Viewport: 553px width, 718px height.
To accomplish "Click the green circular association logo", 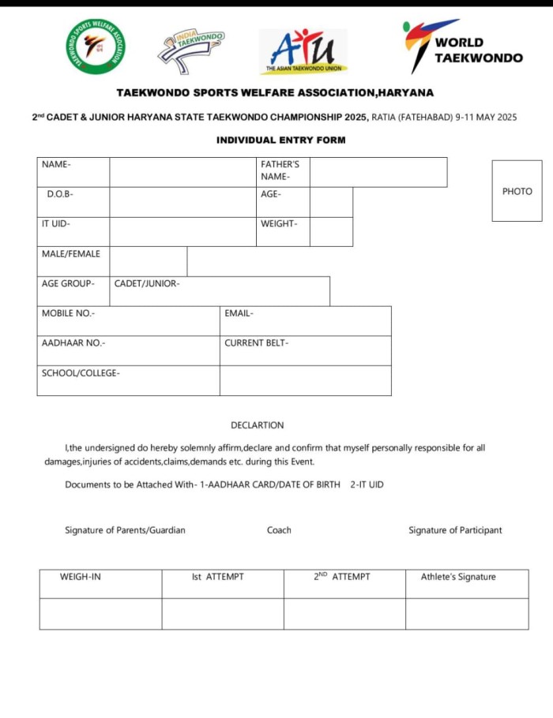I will (x=96, y=47).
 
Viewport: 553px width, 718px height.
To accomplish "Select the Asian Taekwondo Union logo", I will (x=303, y=52).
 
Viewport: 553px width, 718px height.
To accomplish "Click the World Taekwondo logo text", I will (x=478, y=50).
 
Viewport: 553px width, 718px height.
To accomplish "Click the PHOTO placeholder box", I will (x=517, y=191).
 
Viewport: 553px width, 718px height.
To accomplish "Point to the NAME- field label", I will (x=56, y=165).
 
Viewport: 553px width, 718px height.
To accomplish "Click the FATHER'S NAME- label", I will (x=280, y=170).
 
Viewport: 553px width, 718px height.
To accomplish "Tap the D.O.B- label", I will (x=60, y=194).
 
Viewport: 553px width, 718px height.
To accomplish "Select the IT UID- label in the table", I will (x=55, y=224).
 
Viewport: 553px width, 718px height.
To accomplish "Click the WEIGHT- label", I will (x=279, y=224).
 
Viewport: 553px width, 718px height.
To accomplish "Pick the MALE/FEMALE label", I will (x=71, y=254).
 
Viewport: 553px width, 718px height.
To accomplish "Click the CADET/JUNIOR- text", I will (x=147, y=284).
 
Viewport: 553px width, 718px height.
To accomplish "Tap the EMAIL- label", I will (x=239, y=313).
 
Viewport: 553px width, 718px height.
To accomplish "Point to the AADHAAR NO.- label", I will (x=73, y=343).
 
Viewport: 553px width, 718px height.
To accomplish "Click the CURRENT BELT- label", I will (x=256, y=343).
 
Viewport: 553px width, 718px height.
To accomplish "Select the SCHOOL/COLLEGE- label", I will (x=81, y=373).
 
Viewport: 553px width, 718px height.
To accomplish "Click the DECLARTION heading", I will (x=257, y=425).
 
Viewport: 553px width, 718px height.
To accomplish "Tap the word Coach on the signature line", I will (x=279, y=530).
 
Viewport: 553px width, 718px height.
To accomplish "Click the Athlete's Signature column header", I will (x=458, y=577).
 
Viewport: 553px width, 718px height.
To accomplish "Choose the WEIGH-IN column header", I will (x=81, y=577).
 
